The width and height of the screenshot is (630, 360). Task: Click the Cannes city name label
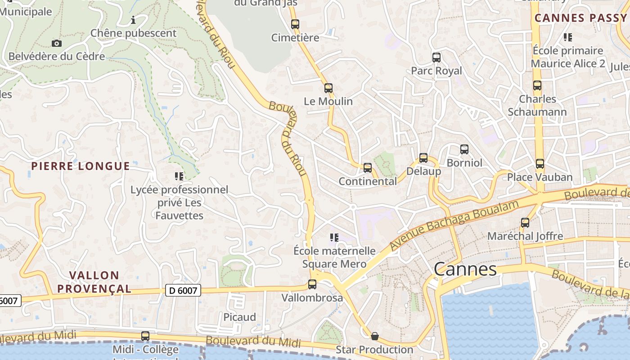point(465,269)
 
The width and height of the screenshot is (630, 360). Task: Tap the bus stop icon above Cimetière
point(295,24)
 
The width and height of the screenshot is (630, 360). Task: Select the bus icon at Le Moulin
point(328,88)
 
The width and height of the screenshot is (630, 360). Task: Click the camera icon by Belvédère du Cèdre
point(56,43)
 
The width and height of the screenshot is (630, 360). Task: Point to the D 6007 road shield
point(183,291)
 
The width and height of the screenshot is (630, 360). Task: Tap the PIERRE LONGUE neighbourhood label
point(81,166)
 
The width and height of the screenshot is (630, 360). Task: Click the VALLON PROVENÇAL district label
point(94,282)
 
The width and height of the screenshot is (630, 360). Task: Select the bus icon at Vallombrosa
point(312,284)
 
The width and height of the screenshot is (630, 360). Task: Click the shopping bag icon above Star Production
point(374,336)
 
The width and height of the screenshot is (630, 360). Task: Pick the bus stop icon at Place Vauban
point(540,164)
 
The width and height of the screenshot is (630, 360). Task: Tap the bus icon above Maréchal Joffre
point(525,222)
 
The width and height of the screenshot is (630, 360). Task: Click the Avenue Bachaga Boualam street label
point(454,225)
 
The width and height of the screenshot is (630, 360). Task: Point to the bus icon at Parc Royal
point(436,57)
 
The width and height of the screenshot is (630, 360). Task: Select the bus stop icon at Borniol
point(464,149)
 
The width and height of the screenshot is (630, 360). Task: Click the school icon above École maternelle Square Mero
point(334,237)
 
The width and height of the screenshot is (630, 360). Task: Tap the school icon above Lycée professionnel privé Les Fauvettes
point(179,176)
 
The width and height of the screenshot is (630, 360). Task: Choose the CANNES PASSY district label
point(580,18)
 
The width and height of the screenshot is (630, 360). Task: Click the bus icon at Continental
point(368,168)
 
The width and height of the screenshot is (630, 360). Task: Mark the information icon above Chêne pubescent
point(133,20)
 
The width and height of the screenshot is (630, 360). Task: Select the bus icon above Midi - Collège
point(145,336)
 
